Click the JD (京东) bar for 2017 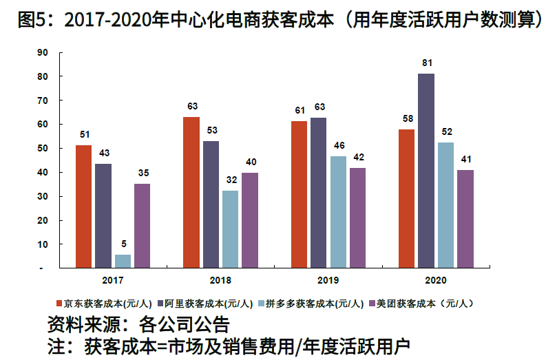coord(83,206)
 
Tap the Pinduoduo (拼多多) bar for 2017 coord(123,261)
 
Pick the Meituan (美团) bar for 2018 coord(251,220)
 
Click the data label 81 coord(427,63)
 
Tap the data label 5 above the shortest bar coord(123,244)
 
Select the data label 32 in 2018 coord(231,180)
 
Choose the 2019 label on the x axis coord(328,281)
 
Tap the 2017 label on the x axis coord(113,281)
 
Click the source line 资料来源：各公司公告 coord(138,324)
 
